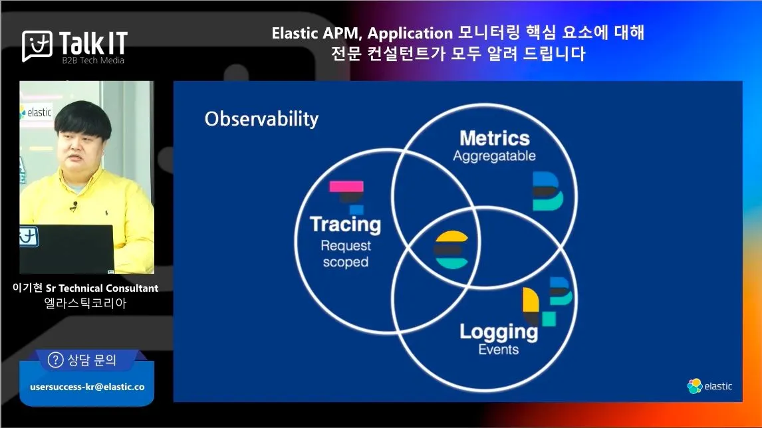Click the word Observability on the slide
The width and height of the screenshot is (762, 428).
coord(261,119)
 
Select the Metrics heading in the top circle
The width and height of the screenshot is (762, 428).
coord(495,138)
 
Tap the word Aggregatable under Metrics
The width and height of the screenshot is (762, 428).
coord(494,156)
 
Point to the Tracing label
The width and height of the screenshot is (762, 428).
coord(346,225)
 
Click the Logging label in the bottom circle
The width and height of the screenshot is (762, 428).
coord(499,332)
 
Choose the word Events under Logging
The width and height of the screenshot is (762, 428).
coord(499,350)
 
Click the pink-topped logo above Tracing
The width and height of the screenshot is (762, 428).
coord(347,197)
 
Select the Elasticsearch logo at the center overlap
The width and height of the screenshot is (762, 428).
coord(451,250)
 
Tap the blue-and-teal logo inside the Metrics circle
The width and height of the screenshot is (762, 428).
coord(548,191)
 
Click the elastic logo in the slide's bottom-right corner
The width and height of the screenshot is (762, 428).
coord(709,386)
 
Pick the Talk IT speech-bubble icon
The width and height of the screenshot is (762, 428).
coord(37,46)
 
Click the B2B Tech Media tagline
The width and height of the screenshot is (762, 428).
coord(93,60)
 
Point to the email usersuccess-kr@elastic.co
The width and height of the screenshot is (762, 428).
coord(88,387)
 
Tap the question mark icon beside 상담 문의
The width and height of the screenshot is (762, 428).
coord(55,360)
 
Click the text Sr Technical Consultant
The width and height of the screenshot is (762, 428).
coord(102,288)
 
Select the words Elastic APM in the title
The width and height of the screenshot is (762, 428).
coord(317,33)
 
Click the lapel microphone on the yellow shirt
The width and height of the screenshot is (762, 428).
coord(74,206)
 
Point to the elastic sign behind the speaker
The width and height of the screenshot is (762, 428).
coord(36,113)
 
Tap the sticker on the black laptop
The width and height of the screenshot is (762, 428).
coord(29,237)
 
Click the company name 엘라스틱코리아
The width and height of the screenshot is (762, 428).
coord(86,303)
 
